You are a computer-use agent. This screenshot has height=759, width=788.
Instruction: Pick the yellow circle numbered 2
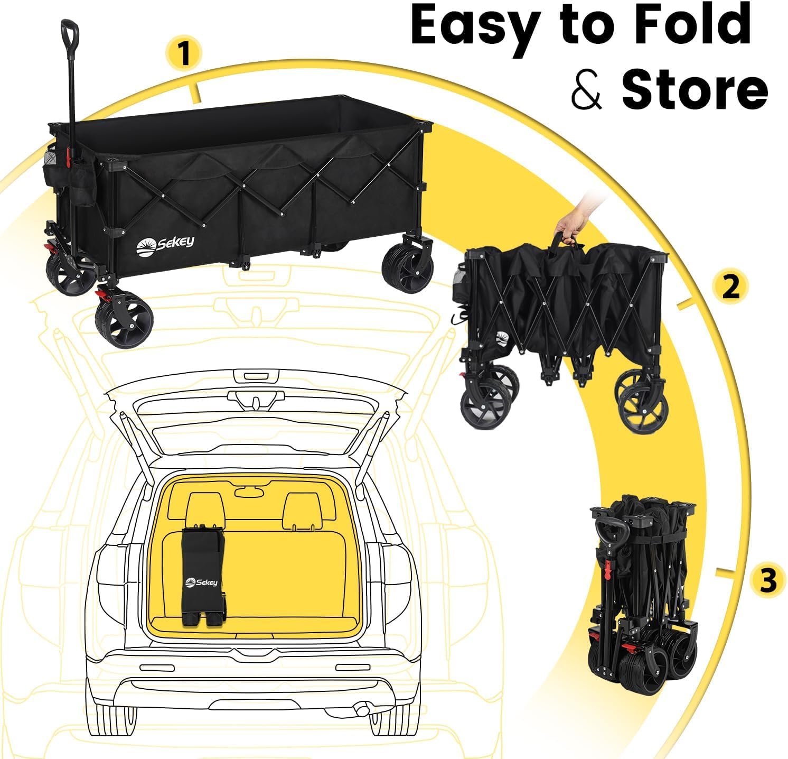pyautogui.click(x=730, y=287)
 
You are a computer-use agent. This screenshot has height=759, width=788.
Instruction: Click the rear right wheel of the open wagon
pyautogui.click(x=407, y=270)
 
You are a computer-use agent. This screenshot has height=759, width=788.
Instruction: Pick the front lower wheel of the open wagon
pyautogui.click(x=125, y=321)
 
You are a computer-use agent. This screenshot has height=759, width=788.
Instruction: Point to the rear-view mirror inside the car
pyautogui.click(x=249, y=492)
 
